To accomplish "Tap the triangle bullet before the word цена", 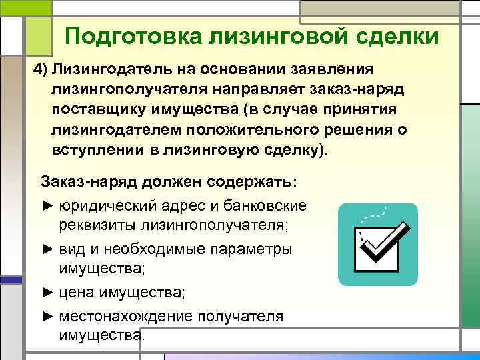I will (47, 292).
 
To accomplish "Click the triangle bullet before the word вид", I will (47, 249).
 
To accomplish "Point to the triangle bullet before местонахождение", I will (47, 315).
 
